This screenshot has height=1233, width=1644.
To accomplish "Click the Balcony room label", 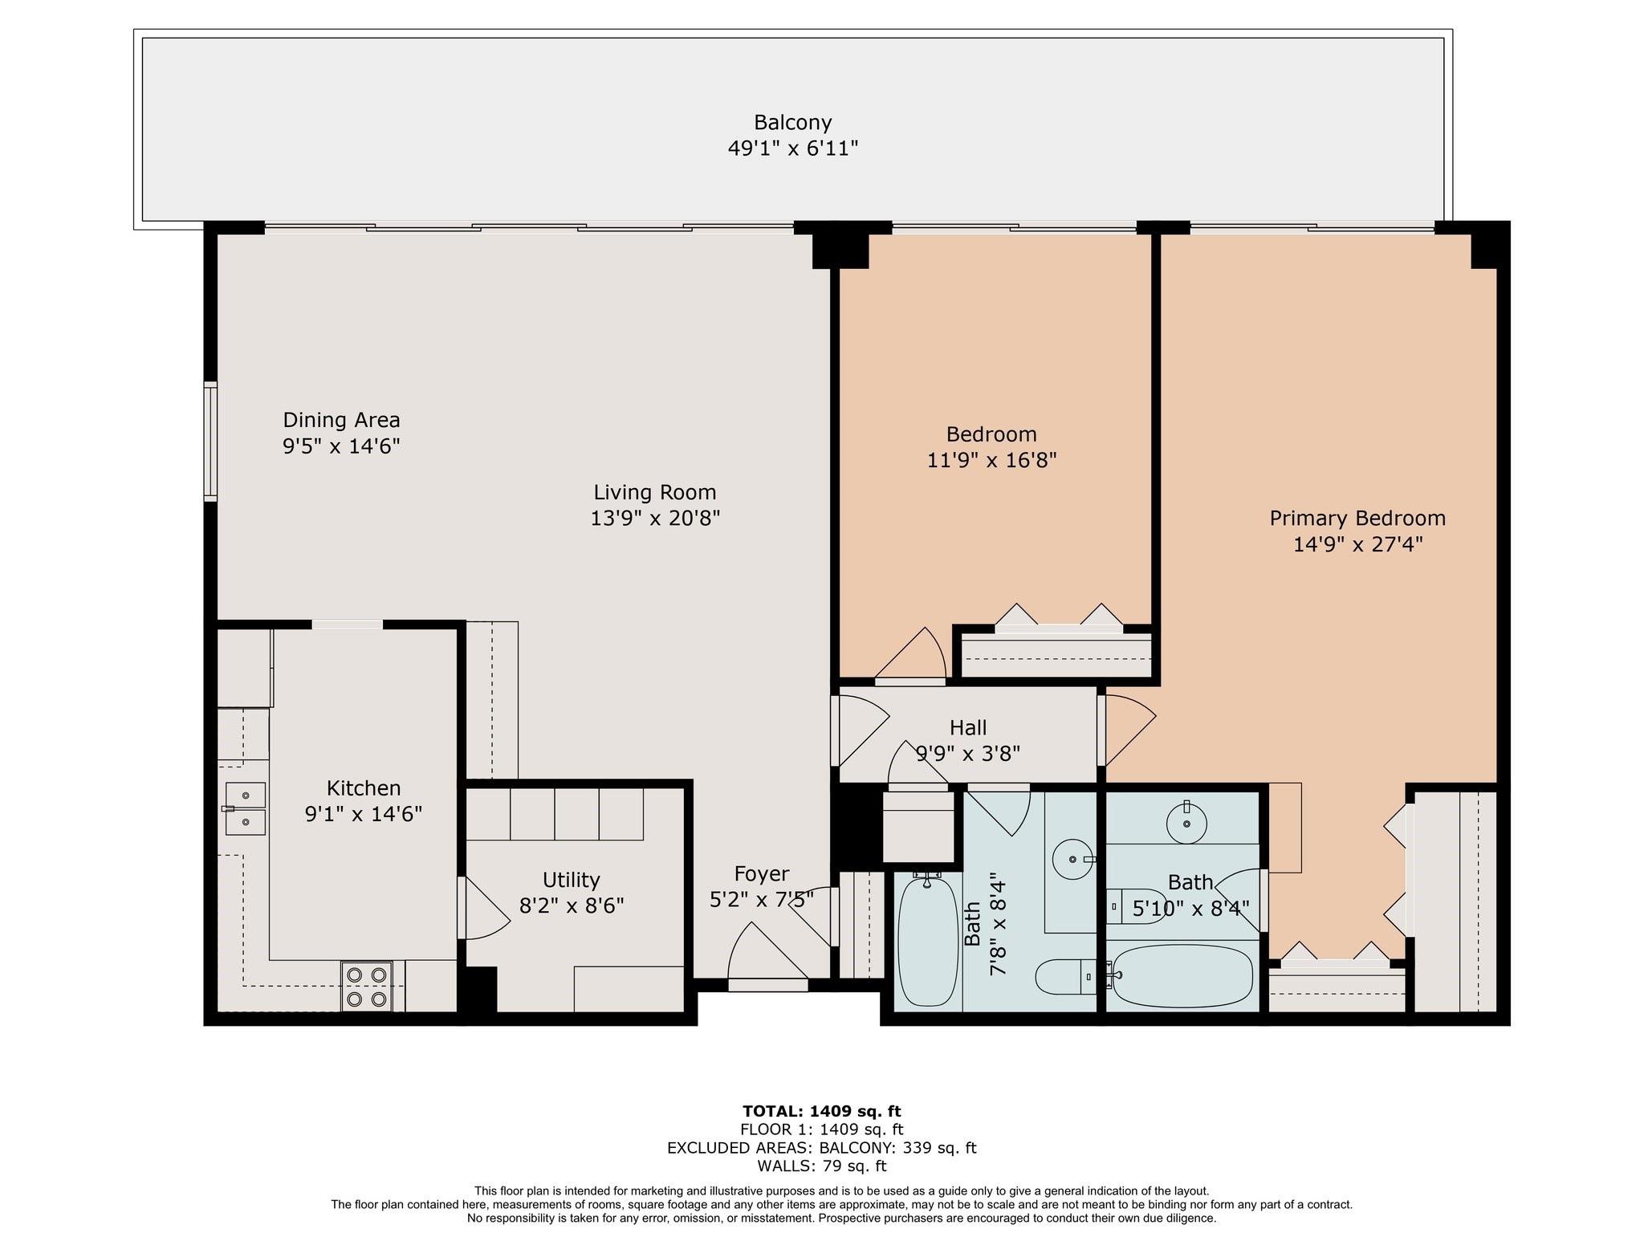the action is (792, 123).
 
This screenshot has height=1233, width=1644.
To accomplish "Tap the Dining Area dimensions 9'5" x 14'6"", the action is (341, 446).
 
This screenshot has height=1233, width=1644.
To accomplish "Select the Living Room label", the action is (655, 492).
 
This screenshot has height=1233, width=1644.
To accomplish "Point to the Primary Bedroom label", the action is (1357, 519).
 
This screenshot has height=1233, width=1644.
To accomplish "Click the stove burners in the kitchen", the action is (367, 987).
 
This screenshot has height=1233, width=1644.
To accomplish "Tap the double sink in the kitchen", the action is (244, 808).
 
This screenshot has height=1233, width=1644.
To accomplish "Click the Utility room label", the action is (571, 880).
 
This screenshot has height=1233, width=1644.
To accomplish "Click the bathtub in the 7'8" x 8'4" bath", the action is (927, 942).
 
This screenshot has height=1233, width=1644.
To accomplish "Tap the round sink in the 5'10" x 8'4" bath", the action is (1186, 824).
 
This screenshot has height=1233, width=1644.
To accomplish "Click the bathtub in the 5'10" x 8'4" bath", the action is (1182, 977).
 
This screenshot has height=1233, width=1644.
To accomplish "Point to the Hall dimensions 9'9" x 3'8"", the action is (968, 754).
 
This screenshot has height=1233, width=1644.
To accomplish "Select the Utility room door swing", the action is (483, 908).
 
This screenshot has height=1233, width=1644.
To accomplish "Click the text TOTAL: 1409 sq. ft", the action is (821, 1112).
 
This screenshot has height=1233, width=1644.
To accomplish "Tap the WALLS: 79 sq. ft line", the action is (821, 1166).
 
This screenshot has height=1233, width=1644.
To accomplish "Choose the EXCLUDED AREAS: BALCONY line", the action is (821, 1148).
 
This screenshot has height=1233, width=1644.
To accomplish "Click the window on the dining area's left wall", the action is (210, 442).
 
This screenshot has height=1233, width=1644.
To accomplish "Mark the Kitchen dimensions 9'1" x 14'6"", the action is (364, 814).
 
